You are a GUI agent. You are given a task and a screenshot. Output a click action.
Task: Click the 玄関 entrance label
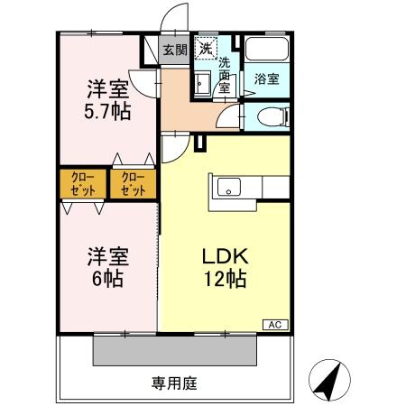[175, 51]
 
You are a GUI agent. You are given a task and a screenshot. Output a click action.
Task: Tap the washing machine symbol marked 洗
[207, 48]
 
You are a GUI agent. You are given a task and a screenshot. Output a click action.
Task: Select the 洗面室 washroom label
[226, 76]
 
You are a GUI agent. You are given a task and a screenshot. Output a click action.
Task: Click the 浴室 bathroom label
[266, 78]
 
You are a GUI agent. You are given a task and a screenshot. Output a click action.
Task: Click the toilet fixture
[269, 116]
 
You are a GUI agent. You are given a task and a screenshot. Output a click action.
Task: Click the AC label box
[273, 323]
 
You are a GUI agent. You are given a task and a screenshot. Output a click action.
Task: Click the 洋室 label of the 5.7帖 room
[107, 88]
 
